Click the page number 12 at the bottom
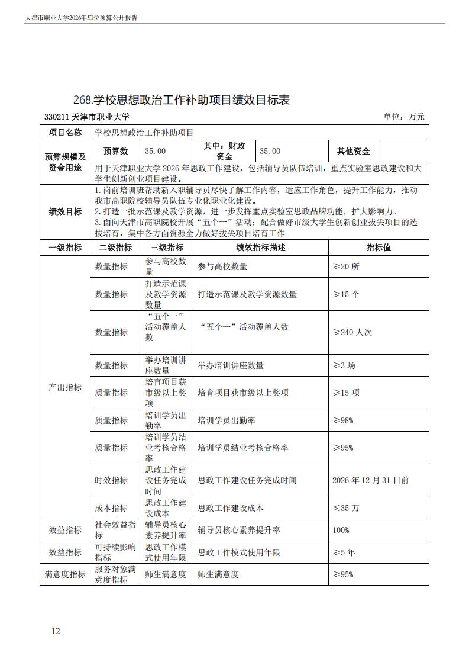click(56, 631)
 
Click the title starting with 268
click(182, 99)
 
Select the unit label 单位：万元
click(404, 117)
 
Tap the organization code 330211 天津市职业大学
click(87, 117)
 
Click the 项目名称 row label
click(65, 133)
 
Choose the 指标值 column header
click(379, 248)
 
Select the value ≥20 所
click(346, 266)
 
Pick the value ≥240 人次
click(352, 332)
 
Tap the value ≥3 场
click(344, 365)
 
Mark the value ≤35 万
click(346, 507)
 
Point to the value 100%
click(341, 529)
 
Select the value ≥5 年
click(344, 552)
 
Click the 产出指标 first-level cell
click(65, 387)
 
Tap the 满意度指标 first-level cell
click(65, 574)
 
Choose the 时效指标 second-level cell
click(111, 480)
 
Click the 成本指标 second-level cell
click(111, 507)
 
